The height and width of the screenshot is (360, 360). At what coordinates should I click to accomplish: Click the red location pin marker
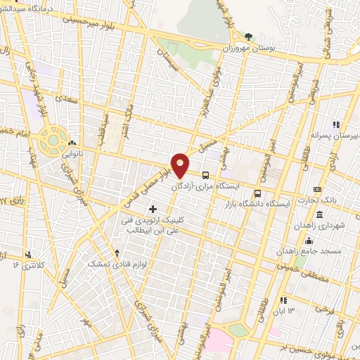pyautogui.click(x=181, y=165)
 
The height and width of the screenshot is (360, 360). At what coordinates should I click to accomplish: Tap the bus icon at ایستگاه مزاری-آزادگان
pyautogui.click(x=205, y=175)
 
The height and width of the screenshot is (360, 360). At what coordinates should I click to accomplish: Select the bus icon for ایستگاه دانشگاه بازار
pyautogui.click(x=257, y=193)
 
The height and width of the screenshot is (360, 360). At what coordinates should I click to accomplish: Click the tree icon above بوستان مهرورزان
pyautogui.click(x=247, y=36)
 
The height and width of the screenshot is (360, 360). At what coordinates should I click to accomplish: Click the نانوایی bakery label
pyautogui.click(x=71, y=150)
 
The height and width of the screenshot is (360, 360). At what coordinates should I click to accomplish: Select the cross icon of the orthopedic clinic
pyautogui.click(x=153, y=209)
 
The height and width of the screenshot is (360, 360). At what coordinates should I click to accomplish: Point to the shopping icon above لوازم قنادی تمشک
pyautogui.click(x=117, y=252)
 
